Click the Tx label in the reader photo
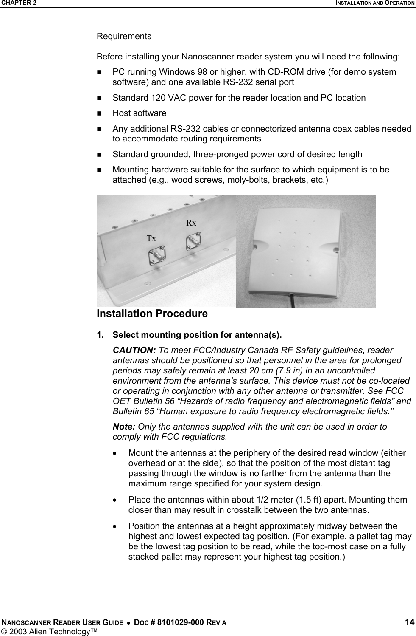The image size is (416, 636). pyautogui.click(x=151, y=239)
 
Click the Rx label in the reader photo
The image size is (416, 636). pyautogui.click(x=191, y=223)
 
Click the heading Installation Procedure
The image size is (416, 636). pyautogui.click(x=152, y=314)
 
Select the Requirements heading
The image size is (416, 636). pyautogui.click(x=124, y=36)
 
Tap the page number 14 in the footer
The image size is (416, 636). pyautogui.click(x=409, y=622)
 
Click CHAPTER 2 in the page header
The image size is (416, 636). pyautogui.click(x=18, y=3)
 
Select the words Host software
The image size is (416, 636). pyautogui.click(x=140, y=113)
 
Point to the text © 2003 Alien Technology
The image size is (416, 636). pyautogui.click(x=48, y=630)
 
